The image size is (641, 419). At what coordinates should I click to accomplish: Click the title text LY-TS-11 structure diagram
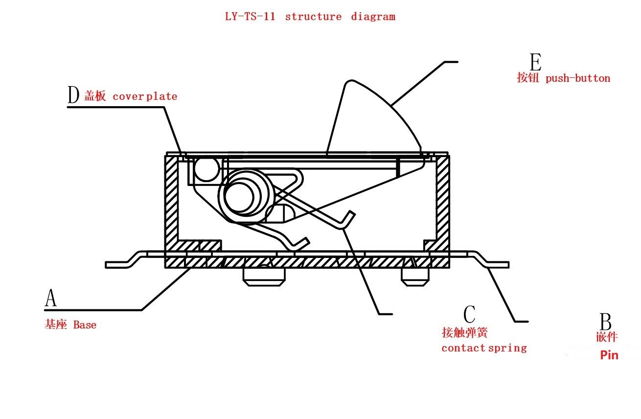tap(310, 16)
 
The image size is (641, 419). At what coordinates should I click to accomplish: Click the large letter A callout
tap(50, 298)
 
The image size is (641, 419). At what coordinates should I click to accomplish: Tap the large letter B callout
tap(605, 322)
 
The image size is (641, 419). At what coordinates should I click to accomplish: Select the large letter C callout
tap(469, 315)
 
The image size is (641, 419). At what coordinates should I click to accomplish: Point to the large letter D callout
tap(73, 95)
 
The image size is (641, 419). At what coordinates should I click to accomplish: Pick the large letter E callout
tap(535, 63)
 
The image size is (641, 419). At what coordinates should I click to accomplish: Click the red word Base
tap(85, 325)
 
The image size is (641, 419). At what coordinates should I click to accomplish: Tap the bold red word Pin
tap(609, 355)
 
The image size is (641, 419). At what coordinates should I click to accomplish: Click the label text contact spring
tap(484, 348)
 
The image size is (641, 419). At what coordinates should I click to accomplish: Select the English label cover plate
tap(145, 96)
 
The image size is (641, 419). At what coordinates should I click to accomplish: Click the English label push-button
tap(578, 78)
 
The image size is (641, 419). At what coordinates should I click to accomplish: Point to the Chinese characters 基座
tap(56, 325)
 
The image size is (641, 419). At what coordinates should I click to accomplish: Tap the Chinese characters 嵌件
tap(607, 337)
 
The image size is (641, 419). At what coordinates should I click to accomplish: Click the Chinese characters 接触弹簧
tap(464, 333)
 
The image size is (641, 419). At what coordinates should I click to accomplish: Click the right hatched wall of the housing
tap(442, 201)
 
